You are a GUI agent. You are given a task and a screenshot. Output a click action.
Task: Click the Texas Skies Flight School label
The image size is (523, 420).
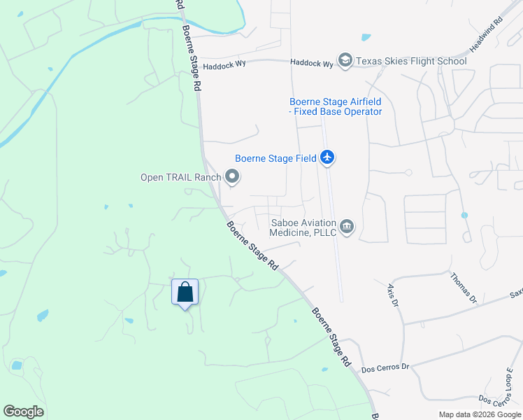411,62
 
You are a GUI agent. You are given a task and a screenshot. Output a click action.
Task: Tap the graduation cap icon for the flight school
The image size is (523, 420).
345,62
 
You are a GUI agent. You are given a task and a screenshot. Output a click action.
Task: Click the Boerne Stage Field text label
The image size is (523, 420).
275,159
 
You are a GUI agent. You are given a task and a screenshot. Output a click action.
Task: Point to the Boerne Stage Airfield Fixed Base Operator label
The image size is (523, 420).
336,106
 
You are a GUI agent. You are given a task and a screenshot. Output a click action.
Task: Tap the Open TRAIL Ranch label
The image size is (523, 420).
180,177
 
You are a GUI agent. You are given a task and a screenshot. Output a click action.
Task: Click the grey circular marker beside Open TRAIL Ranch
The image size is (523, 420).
232,177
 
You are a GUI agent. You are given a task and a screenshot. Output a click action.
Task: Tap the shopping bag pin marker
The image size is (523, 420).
185,292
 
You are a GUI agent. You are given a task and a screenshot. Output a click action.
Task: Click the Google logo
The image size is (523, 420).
23,412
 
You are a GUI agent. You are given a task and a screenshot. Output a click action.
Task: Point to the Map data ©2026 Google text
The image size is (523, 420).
480,414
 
